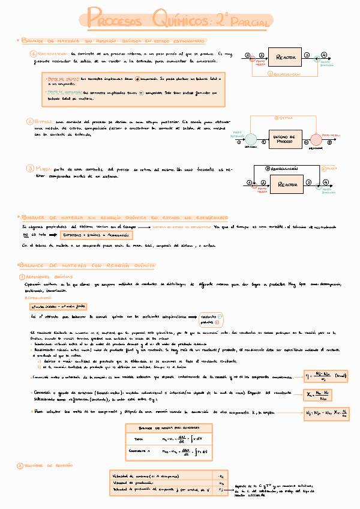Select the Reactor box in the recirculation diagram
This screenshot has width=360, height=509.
pyautogui.click(x=286, y=57)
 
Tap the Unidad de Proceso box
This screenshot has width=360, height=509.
pyautogui.click(x=286, y=139)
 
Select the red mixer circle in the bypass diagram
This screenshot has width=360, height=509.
pyautogui.click(x=316, y=140)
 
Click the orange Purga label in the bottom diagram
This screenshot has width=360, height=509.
pyautogui.click(x=329, y=169)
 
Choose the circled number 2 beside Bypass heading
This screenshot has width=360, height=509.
pyautogui.click(x=31, y=121)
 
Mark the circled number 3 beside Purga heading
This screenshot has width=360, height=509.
pyautogui.click(x=31, y=169)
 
